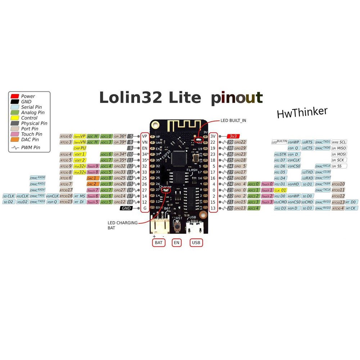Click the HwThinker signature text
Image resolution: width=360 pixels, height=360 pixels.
(x=302, y=112)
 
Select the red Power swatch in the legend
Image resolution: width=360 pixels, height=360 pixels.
(x=15, y=96)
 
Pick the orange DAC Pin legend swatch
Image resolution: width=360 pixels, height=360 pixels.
(x=15, y=139)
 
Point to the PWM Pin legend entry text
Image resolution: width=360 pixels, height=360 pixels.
(x=31, y=147)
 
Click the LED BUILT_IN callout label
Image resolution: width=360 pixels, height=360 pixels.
(x=234, y=120)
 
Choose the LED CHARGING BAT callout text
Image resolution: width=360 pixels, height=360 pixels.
(x=122, y=225)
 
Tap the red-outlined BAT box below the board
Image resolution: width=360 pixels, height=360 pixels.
(x=159, y=243)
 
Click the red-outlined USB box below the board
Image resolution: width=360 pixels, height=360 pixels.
(x=196, y=243)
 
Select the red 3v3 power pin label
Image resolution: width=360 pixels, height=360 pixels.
(x=233, y=136)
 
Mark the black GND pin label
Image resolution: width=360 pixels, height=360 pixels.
(x=126, y=208)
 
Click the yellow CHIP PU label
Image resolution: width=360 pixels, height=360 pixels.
(x=80, y=148)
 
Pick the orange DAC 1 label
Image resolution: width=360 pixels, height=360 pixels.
(x=93, y=178)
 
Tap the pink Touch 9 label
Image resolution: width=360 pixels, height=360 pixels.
(x=93, y=166)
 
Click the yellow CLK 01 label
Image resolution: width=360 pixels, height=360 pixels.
(x=280, y=190)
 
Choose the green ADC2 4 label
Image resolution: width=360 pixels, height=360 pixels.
(x=253, y=208)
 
